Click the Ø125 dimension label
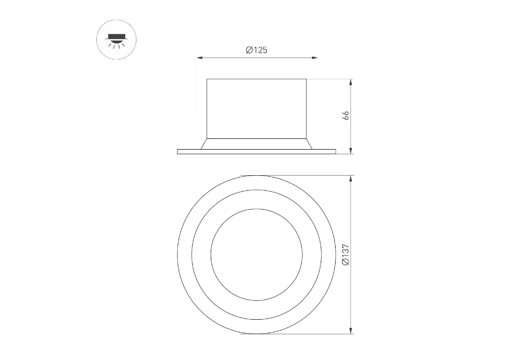[256, 50]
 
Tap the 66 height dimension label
[346, 115]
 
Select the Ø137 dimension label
[346, 255]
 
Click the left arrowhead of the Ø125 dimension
[199, 58]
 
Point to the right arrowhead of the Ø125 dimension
[314, 58]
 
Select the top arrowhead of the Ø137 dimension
[351, 179]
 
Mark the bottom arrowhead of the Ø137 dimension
[351, 330]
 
